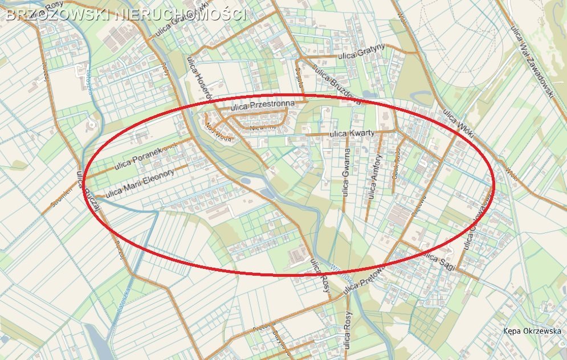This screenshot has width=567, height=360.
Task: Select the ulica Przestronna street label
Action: (x=263, y=105)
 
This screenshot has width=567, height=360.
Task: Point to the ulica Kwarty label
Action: (x=352, y=134)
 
